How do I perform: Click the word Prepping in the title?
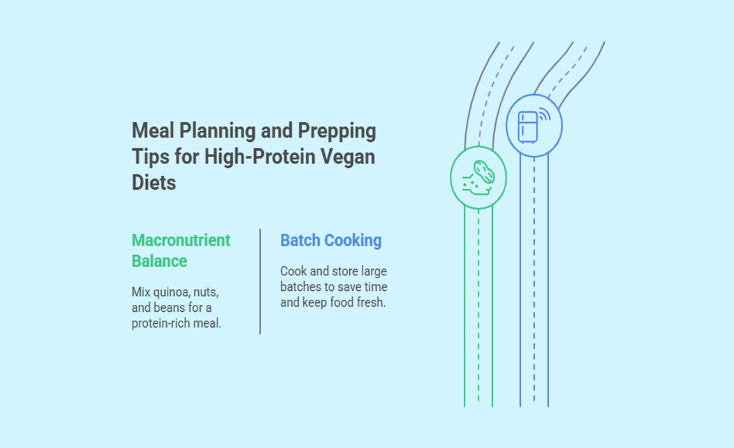pos(336,131)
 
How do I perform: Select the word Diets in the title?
pos(154,183)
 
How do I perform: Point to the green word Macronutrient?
pos(181,241)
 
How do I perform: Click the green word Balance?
pos(159,261)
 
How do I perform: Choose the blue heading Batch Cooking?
pos(331,241)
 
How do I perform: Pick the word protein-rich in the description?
pos(160,323)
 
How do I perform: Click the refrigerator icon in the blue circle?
pos(528,127)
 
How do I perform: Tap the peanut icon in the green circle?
pos(484,172)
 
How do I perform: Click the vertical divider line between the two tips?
pos(260,281)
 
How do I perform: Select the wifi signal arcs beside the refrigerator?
pos(544,115)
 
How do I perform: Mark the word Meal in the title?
pos(153,131)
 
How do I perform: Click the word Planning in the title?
pos(218,131)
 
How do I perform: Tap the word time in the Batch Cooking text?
pos(376,286)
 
